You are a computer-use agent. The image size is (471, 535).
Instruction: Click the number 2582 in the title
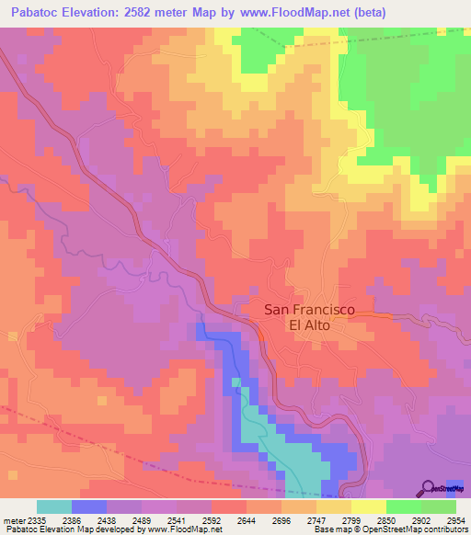(148, 11)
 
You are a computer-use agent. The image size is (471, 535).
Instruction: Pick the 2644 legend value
(245, 519)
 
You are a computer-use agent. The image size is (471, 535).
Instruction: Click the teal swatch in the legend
(54, 507)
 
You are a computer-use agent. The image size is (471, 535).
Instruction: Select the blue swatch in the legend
(89, 507)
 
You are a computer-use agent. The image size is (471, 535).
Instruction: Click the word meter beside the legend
(12, 519)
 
